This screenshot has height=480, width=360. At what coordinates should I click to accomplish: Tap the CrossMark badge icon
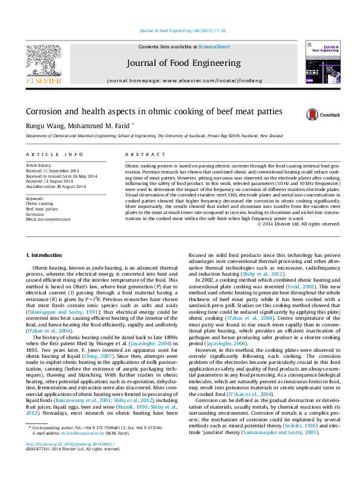coord(313,114)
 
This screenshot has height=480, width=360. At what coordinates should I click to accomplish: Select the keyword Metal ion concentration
coord(48,219)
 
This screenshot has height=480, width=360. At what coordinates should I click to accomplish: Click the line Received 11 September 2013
coord(52,170)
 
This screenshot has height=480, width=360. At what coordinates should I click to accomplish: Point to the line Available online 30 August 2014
coord(56,187)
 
